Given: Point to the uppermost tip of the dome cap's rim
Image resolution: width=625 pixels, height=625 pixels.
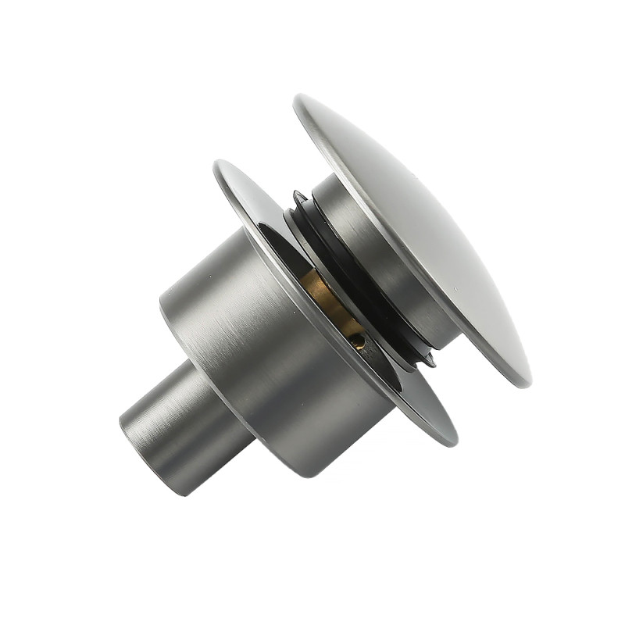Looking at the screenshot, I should [300, 97].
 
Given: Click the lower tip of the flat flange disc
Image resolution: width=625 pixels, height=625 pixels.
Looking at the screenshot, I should [452, 442].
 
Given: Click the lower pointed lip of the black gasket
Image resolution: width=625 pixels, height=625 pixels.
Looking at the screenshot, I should [428, 361].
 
